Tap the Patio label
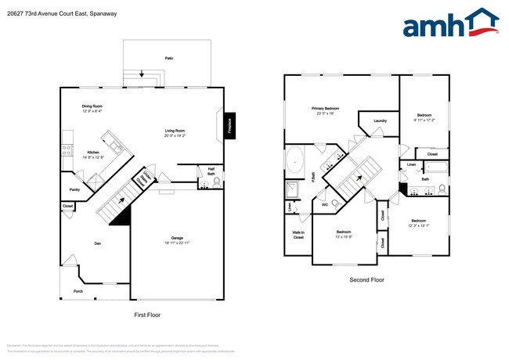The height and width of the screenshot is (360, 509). (168, 59)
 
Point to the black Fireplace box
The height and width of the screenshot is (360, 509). (229, 126)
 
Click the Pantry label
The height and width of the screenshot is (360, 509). (74, 189)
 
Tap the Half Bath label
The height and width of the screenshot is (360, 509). (211, 170)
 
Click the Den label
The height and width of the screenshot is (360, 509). (98, 243)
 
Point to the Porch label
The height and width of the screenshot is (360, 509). (78, 291)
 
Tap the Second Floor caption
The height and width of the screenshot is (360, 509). (366, 279)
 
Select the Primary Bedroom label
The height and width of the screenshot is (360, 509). (325, 110)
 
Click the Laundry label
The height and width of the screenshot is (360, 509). (381, 121)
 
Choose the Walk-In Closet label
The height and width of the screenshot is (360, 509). (298, 235)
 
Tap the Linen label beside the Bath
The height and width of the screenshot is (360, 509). (411, 164)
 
